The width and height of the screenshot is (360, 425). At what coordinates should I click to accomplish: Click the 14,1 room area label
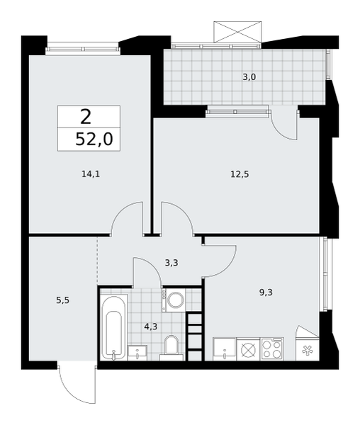point(91,174)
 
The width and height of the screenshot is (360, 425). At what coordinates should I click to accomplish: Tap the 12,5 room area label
point(240,174)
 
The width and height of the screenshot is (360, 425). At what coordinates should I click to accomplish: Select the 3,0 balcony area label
point(249,77)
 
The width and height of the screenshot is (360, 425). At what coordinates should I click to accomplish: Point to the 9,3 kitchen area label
point(266,293)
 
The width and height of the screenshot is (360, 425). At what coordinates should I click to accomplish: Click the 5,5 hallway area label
point(63,300)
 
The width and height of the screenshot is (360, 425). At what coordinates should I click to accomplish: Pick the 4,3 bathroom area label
point(151,327)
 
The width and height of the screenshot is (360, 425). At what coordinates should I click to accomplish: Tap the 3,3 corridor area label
point(171,263)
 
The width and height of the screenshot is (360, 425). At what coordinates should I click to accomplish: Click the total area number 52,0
point(94,140)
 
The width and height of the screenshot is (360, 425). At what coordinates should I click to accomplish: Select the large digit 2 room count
point(86,117)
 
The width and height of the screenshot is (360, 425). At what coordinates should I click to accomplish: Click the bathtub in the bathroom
point(114,327)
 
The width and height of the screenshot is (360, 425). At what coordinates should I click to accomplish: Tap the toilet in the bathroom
point(171,348)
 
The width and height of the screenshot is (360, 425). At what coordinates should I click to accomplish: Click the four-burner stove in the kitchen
point(272,349)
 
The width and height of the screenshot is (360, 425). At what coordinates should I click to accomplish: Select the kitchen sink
point(225,349)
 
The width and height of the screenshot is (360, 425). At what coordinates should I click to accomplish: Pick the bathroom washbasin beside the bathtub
point(137,353)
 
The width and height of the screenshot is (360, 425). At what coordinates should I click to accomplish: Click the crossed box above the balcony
point(237,32)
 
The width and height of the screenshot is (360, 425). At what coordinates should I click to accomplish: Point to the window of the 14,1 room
point(83,49)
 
